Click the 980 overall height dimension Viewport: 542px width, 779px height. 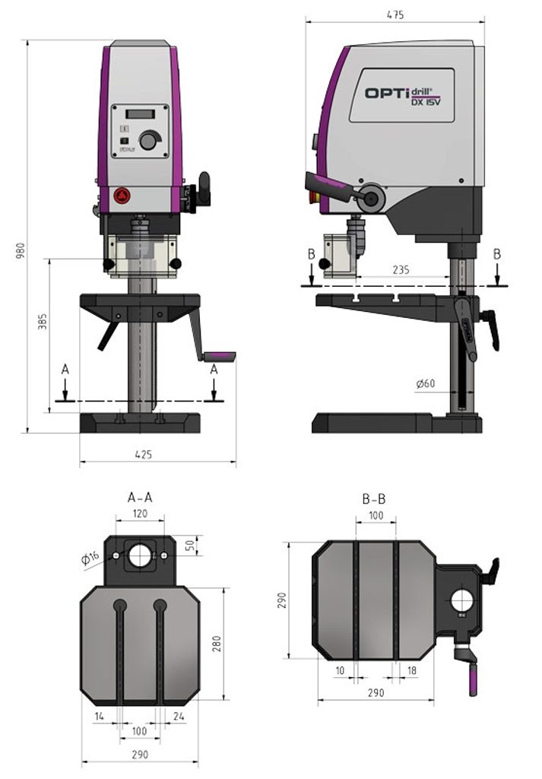21,250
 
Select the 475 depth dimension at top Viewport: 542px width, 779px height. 395,14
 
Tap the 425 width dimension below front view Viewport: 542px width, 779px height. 144,454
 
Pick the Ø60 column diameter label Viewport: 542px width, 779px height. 426,383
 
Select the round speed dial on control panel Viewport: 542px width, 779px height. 150,141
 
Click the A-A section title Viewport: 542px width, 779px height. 140,498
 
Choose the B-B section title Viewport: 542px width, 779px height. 374,499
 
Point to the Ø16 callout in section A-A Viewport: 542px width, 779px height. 89,558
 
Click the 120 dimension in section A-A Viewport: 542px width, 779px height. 140,514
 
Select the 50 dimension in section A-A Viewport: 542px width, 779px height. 190,545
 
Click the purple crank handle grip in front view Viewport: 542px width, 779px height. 221,355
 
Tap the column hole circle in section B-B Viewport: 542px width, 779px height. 462,601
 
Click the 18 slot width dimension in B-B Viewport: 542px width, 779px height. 411,670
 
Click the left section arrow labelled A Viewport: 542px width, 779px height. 65,381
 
